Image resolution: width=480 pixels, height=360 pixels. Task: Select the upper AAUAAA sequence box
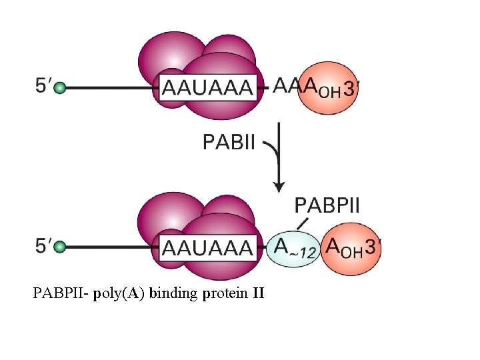[207, 87]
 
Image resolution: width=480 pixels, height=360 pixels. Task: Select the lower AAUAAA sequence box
[207, 248]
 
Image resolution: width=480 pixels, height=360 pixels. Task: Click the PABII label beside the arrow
[228, 142]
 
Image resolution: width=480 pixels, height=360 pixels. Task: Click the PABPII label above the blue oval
[327, 204]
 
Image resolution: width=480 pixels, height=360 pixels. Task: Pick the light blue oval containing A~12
[293, 248]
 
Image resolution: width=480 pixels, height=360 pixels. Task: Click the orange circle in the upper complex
[325, 89]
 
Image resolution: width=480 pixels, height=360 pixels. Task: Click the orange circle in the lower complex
[349, 248]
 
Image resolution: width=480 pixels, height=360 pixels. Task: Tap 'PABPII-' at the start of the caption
[61, 292]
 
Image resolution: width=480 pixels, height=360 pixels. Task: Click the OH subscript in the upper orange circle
[329, 92]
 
